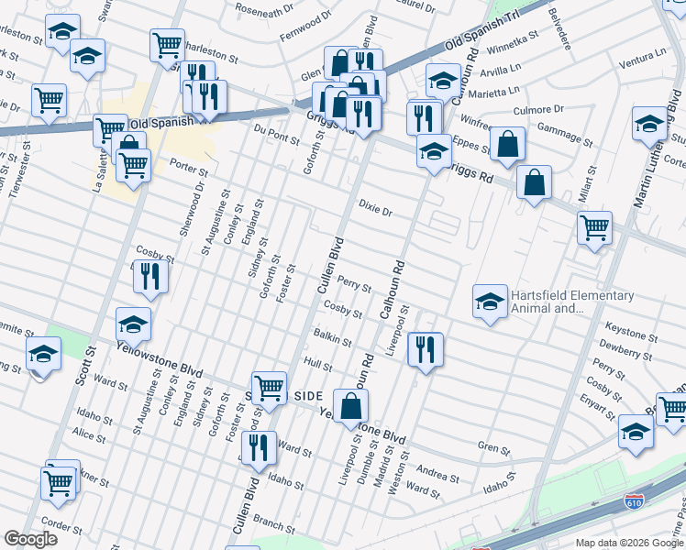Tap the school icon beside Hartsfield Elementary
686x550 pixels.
pos(490,302)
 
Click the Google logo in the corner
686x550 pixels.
pos(30,539)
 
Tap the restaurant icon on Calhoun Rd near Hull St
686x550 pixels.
pos(426,349)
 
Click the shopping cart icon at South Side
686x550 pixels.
pos(269,387)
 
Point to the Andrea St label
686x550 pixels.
pos(437,474)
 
